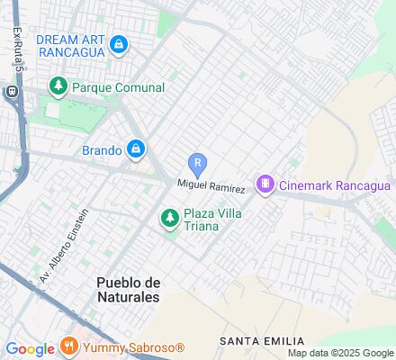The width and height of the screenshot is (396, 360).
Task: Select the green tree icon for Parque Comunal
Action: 58,87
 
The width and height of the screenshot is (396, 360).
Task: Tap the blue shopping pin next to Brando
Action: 135,149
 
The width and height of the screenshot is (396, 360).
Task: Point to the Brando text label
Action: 101,150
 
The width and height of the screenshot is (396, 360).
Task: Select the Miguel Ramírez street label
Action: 211,185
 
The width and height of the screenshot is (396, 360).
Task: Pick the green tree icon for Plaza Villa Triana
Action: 169,218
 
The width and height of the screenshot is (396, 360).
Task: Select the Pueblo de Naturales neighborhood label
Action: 128,289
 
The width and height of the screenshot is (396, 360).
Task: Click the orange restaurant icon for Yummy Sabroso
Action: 69,346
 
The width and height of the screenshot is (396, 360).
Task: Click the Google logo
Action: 31,348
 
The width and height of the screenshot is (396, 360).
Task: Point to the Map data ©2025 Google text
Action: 340,353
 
